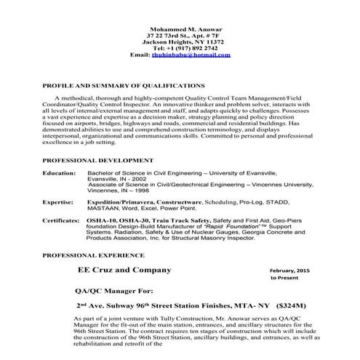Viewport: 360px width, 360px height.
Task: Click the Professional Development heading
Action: (98, 159)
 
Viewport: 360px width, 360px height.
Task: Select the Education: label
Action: (59, 175)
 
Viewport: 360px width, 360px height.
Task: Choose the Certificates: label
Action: (61, 219)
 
